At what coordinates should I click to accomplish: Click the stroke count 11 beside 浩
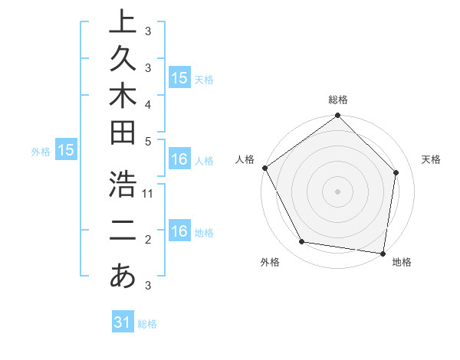pyautogui.click(x=149, y=194)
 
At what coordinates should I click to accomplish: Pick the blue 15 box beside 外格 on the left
pyautogui.click(x=66, y=151)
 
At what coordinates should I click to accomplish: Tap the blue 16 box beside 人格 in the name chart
pyautogui.click(x=179, y=159)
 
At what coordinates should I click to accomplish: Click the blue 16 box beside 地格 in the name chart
pyautogui.click(x=179, y=231)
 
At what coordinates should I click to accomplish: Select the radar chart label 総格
pyautogui.click(x=338, y=100)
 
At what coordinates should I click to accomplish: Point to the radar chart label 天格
pyautogui.click(x=432, y=159)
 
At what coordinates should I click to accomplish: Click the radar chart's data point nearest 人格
pyautogui.click(x=264, y=168)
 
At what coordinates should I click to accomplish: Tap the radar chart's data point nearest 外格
pyautogui.click(x=302, y=242)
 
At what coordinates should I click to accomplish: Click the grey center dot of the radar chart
pyautogui.click(x=337, y=191)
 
